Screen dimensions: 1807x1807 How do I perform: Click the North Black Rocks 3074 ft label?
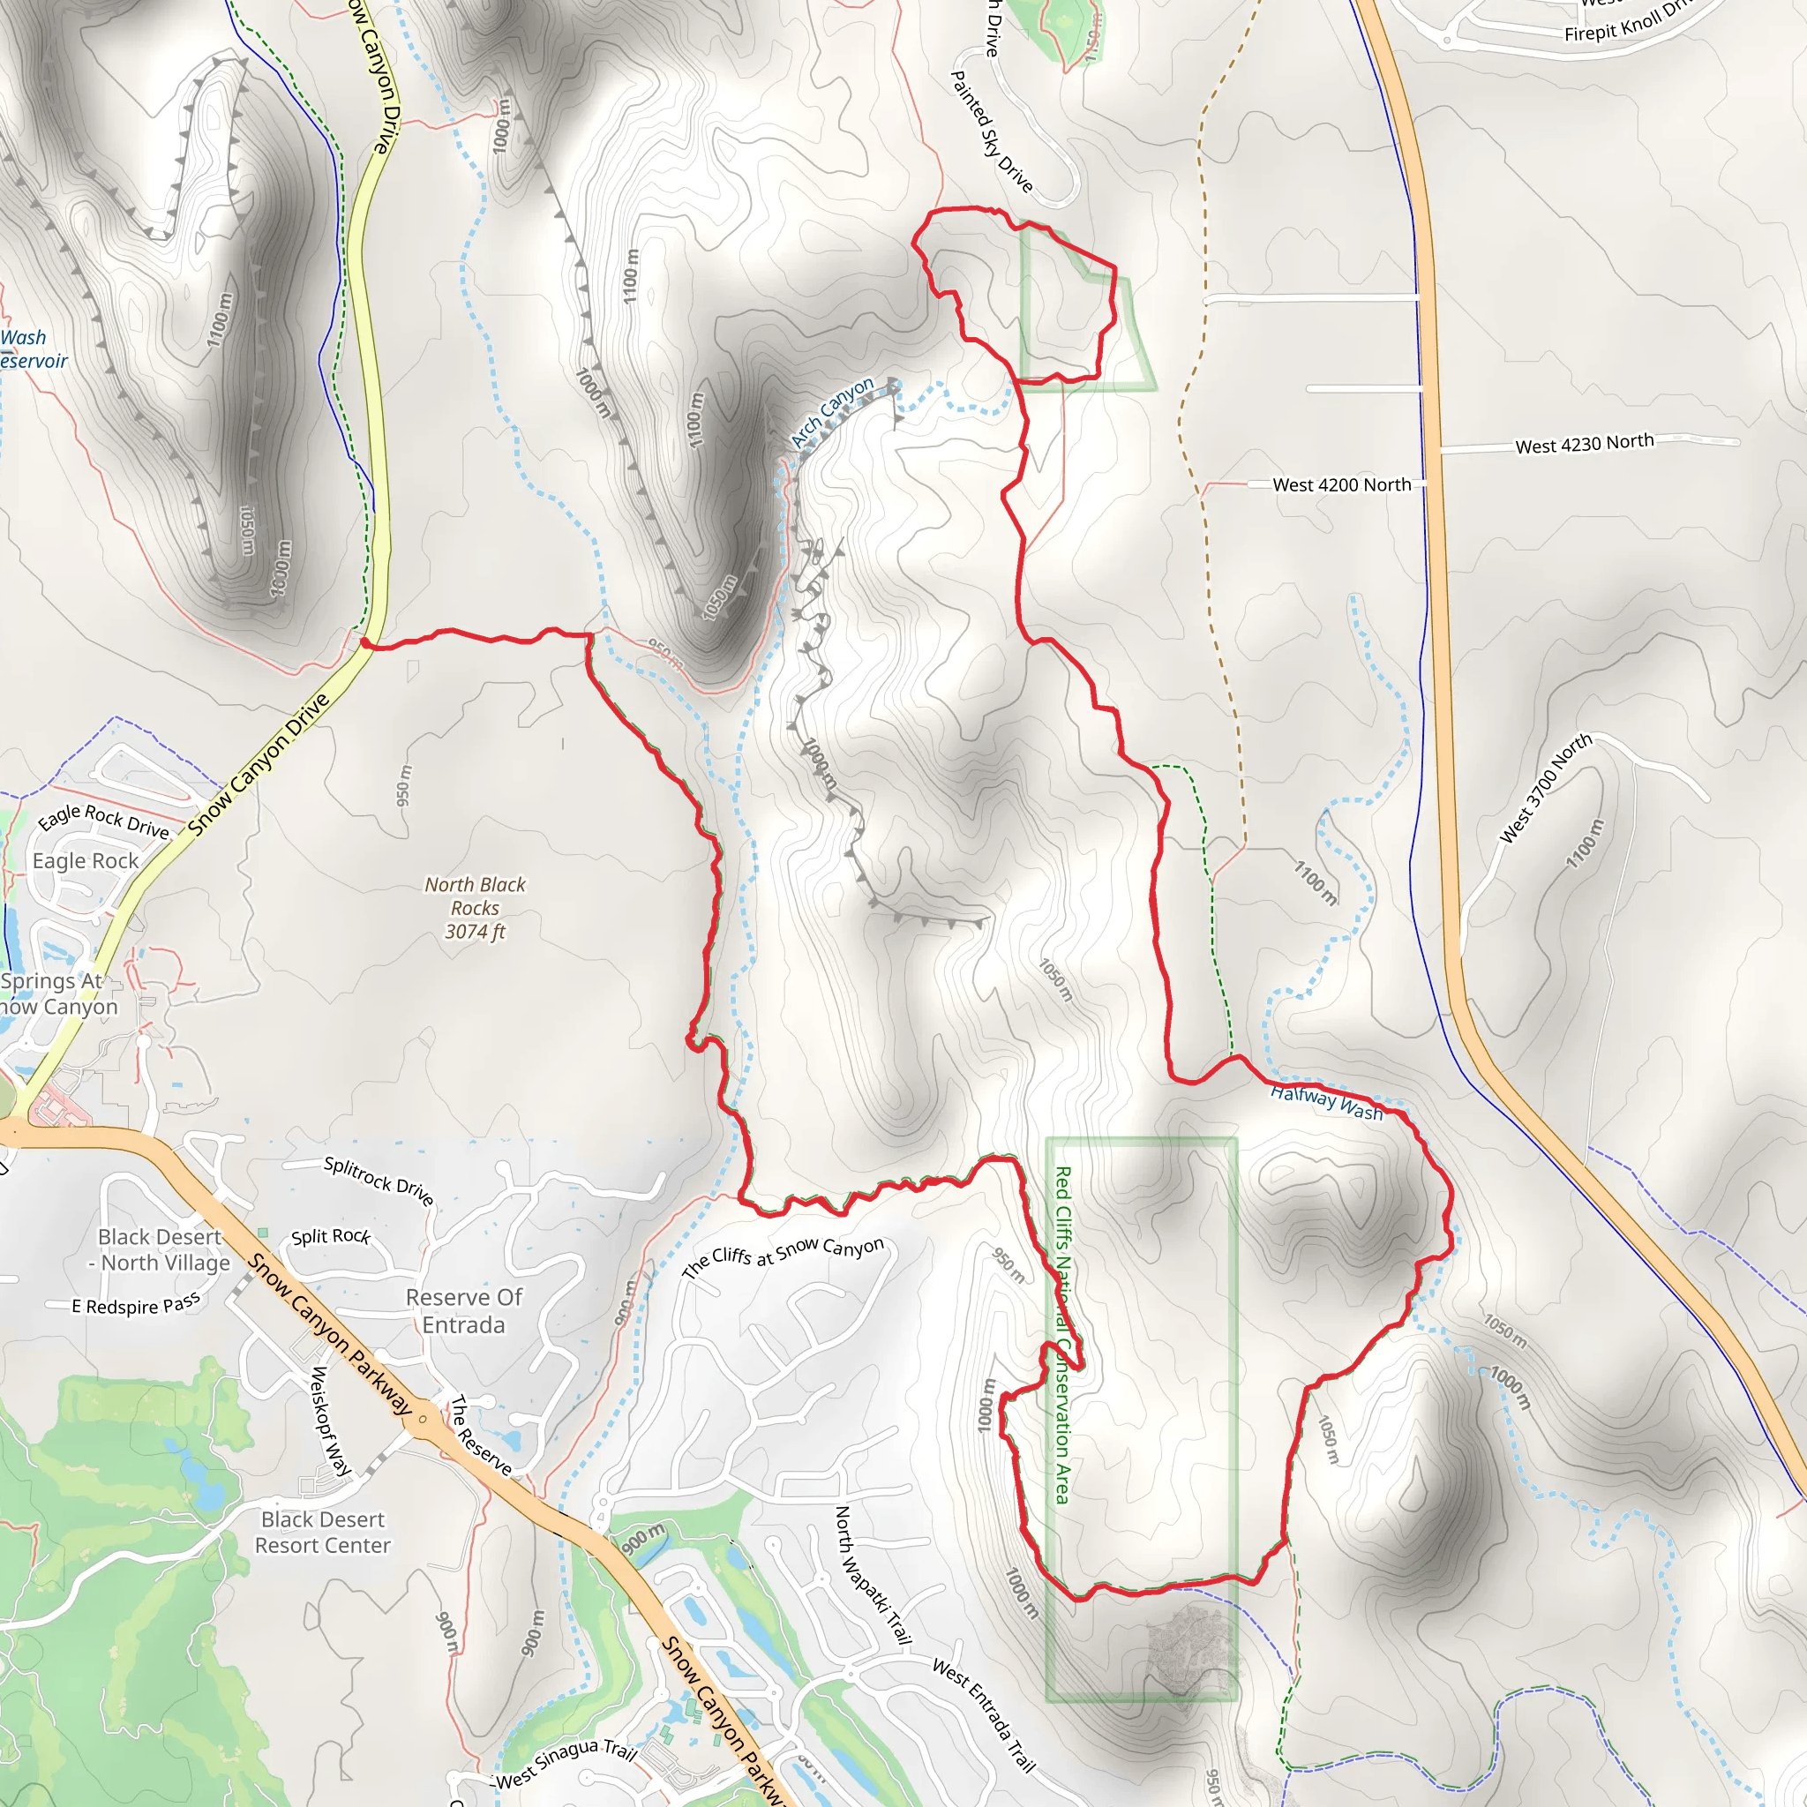476,907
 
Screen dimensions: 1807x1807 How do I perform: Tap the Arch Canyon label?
831,412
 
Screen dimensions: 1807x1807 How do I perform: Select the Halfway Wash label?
1325,1102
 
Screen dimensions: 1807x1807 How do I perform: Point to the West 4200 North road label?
1341,484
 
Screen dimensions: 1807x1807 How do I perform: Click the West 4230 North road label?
1585,443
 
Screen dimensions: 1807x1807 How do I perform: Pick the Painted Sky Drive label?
992,131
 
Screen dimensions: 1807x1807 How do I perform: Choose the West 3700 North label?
1545,788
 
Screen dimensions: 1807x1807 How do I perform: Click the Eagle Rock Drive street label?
104,821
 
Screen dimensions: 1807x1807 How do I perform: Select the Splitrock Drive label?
379,1181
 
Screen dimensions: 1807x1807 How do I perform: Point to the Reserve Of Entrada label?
464,1310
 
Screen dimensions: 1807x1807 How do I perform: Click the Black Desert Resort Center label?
323,1532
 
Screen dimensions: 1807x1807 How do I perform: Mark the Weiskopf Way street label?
330,1421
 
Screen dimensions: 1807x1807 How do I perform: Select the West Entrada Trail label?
984,1715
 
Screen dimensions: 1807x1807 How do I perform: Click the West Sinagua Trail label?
566,1763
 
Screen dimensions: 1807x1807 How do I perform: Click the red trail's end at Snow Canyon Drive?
365,643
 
